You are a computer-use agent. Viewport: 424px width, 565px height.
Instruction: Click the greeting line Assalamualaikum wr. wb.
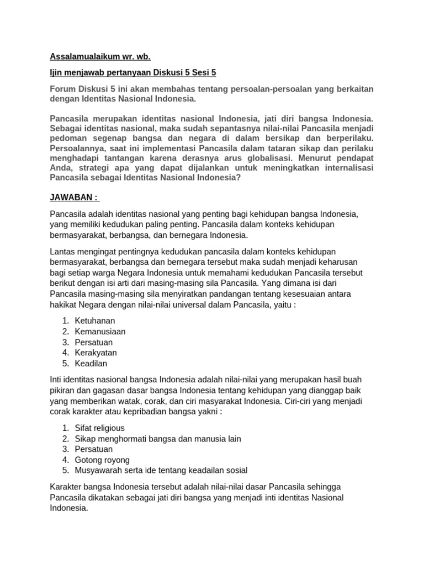pos(100,56)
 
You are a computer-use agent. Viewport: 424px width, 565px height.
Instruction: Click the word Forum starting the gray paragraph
pos(62,89)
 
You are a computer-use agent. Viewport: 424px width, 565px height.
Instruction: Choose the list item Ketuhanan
pos(94,321)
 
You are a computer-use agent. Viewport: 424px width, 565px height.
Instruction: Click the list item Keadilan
pos(91,364)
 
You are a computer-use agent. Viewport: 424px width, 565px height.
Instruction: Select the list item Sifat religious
pos(99,428)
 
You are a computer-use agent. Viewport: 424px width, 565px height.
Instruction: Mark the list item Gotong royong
pos(102,460)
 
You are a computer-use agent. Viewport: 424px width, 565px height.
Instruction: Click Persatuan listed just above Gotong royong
pos(94,449)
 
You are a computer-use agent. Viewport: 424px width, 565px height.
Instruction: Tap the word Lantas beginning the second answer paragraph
pos(62,252)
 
